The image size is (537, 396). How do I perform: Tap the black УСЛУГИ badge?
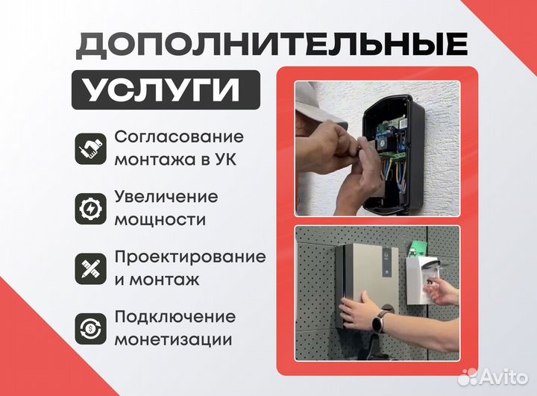[166, 90]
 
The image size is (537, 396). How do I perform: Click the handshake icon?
[90, 148]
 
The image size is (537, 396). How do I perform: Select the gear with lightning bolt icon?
[90, 208]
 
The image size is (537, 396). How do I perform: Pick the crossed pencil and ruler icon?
[90, 268]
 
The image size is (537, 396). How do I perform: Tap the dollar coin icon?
[90, 327]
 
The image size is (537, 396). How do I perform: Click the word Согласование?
[179, 137]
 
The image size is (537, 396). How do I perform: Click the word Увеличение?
[166, 197]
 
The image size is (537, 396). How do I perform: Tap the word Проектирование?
[190, 257]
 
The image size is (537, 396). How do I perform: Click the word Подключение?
[175, 316]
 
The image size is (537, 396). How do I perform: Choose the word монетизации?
[173, 340]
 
